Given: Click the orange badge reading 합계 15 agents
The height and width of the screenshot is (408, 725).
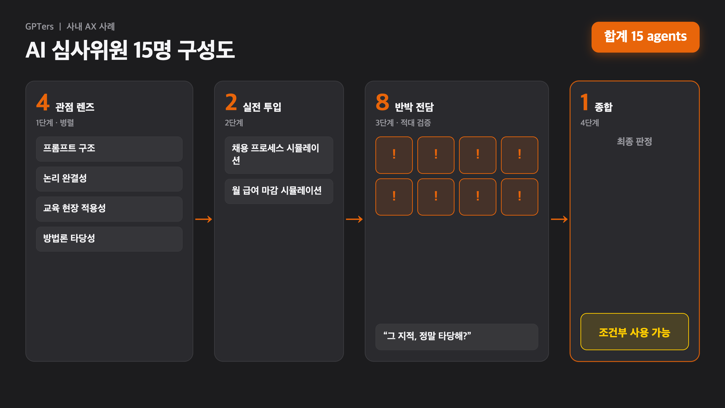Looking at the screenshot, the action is click(645, 37).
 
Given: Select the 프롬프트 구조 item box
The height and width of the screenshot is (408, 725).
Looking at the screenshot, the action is click(109, 149).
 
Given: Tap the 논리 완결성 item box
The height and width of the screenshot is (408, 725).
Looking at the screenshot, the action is click(109, 179).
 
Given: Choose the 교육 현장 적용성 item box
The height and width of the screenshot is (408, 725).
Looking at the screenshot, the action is click(109, 209).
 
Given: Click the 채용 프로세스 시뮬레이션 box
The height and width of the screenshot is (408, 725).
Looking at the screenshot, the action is click(279, 155).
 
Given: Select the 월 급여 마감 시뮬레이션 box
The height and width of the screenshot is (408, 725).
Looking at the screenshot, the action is click(279, 191).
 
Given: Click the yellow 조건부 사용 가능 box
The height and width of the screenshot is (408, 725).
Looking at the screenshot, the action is click(634, 331).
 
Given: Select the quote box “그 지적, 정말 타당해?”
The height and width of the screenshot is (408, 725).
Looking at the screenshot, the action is click(457, 337).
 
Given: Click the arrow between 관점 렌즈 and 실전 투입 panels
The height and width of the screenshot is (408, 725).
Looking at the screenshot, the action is click(203, 219).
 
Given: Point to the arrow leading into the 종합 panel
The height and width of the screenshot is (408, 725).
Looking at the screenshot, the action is click(559, 219).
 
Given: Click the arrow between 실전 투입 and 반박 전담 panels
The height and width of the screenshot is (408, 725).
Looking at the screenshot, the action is click(354, 219).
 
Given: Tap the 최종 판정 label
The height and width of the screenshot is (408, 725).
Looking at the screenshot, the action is click(634, 141).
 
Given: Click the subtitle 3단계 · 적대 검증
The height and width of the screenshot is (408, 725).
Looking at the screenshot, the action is click(403, 123).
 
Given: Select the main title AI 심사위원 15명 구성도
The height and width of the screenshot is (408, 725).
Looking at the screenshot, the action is click(130, 50).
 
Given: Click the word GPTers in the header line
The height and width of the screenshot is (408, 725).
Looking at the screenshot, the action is click(39, 27).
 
